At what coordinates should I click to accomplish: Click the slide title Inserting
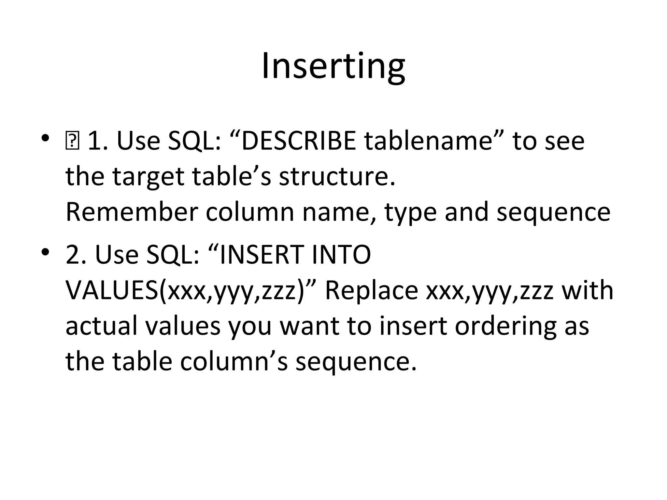pyautogui.click(x=333, y=67)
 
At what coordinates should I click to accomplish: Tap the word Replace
pyautogui.click(x=371, y=291)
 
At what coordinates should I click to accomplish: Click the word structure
pyautogui.click(x=337, y=176)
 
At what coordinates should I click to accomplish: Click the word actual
pyautogui.click(x=101, y=326)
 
